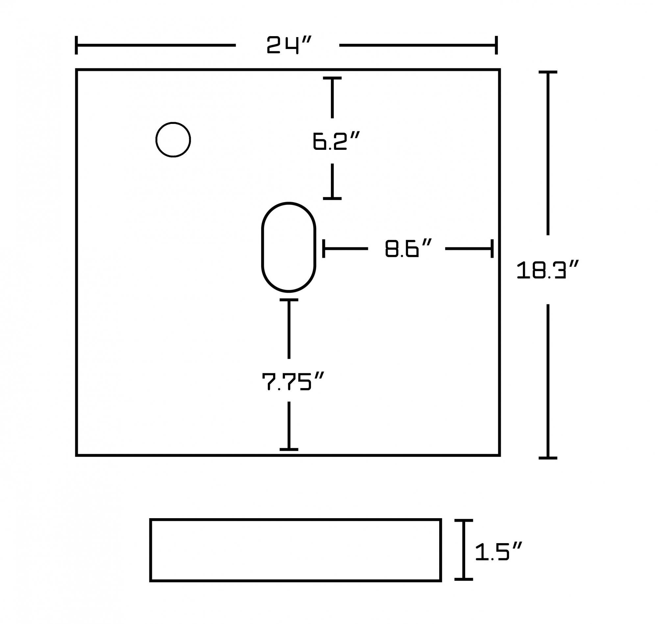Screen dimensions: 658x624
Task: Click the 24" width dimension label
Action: click(289, 45)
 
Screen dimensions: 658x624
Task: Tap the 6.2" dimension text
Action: click(336, 141)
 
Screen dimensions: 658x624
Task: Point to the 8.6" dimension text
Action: click(408, 248)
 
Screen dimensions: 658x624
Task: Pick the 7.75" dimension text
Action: click(293, 381)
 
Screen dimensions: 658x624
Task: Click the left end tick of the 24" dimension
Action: click(76, 45)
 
